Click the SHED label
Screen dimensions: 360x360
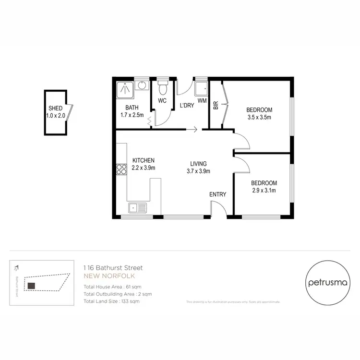click(x=55, y=108)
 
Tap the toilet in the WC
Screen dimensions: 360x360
click(x=162, y=89)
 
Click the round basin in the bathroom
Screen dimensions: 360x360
click(x=141, y=86)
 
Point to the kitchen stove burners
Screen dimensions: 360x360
click(x=120, y=168)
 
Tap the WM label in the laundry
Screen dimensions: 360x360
click(x=202, y=100)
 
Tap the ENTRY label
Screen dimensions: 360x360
click(x=217, y=194)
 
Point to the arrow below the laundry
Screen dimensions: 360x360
click(x=193, y=129)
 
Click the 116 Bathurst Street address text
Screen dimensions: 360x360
click(x=113, y=267)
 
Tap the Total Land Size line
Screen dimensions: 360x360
click(x=112, y=301)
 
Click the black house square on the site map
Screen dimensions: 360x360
click(x=31, y=286)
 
